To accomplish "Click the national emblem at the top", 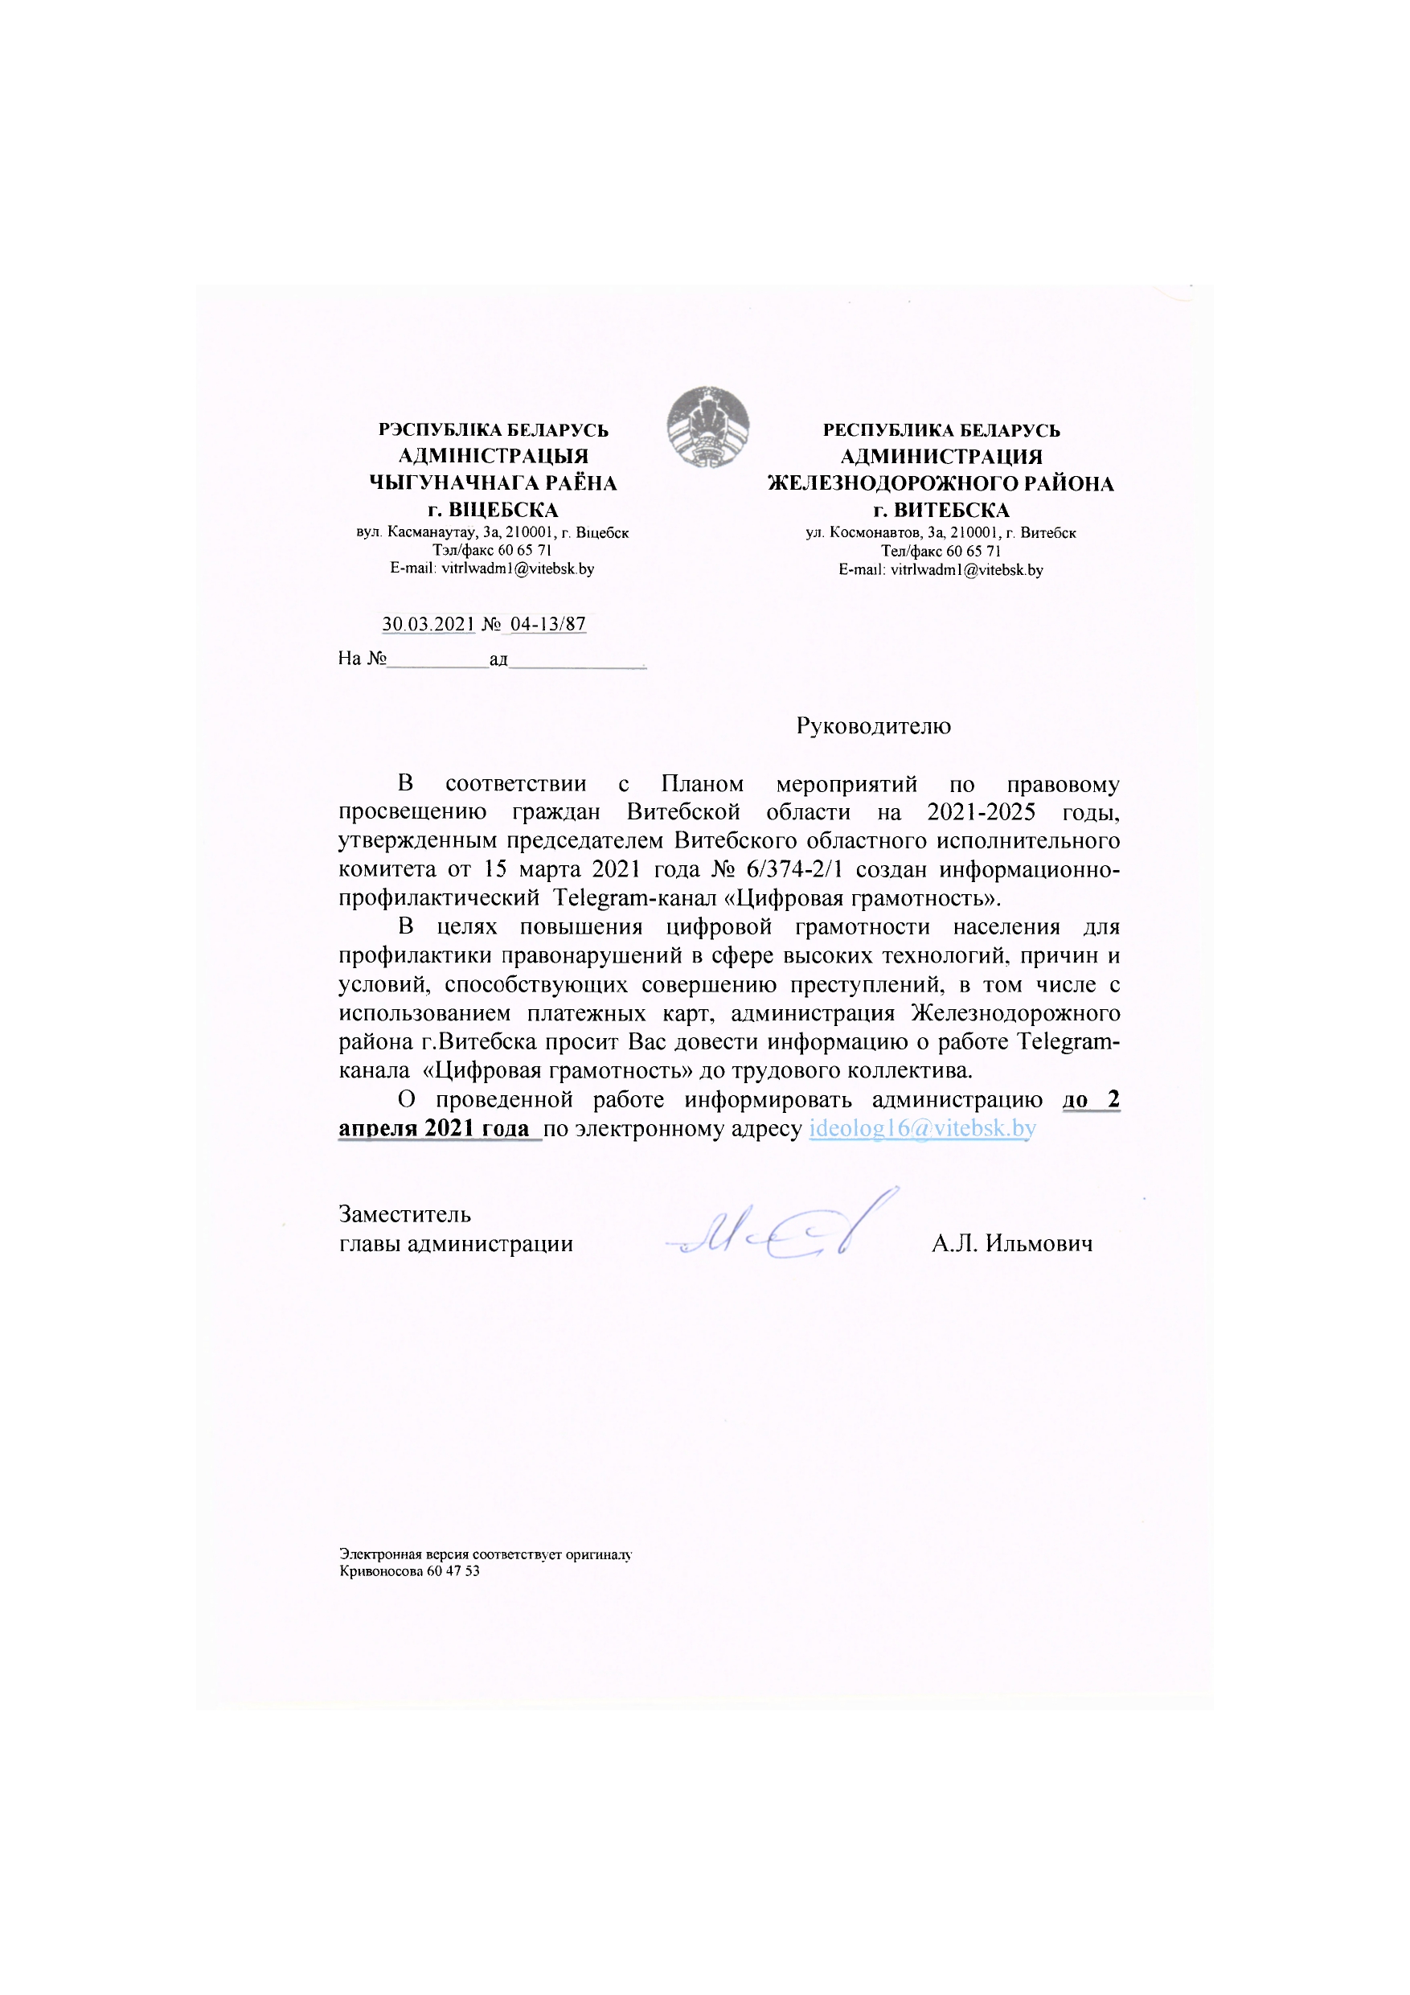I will (x=708, y=427).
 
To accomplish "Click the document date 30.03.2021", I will (x=428, y=624).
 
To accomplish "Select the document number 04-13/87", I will (x=547, y=624).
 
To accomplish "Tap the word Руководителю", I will (x=873, y=726).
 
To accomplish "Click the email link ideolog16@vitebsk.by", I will (x=922, y=1129).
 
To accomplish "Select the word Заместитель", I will (x=405, y=1215).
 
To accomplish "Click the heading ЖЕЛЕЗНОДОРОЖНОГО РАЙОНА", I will (x=940, y=484).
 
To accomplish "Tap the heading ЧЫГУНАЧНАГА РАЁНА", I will (x=493, y=483).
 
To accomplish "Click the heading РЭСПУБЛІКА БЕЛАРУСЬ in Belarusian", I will (x=493, y=430).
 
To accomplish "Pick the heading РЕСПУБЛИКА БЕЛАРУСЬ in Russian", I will (x=941, y=431).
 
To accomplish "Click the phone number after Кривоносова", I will (x=453, y=1571).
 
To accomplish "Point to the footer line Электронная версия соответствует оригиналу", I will (x=485, y=1554).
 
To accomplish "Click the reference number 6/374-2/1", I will (x=794, y=870).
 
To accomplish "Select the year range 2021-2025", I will (x=981, y=812).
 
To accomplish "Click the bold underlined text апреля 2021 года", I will (x=433, y=1129).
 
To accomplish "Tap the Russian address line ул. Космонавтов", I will (x=941, y=532).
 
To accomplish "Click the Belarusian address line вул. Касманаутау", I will (x=492, y=532).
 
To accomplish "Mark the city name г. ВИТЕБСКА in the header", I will (x=941, y=510).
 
